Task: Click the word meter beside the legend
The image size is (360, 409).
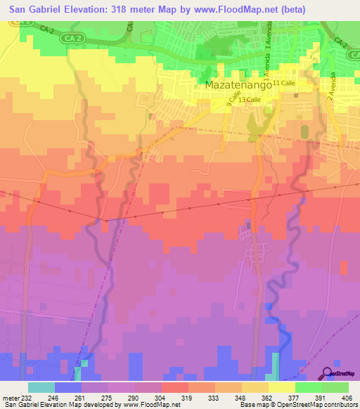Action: (9, 397)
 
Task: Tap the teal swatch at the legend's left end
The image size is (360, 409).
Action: (41, 387)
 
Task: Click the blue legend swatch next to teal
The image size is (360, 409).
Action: (68, 387)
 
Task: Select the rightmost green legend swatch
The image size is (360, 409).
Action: (335, 387)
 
